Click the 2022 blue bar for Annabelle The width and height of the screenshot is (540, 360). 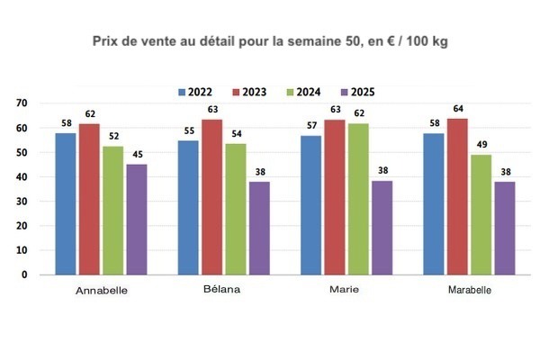coord(66,203)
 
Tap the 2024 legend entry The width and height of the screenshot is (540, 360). coord(310,93)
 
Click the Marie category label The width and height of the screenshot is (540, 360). coord(346,292)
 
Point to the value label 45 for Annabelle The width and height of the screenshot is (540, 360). coord(138,155)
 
